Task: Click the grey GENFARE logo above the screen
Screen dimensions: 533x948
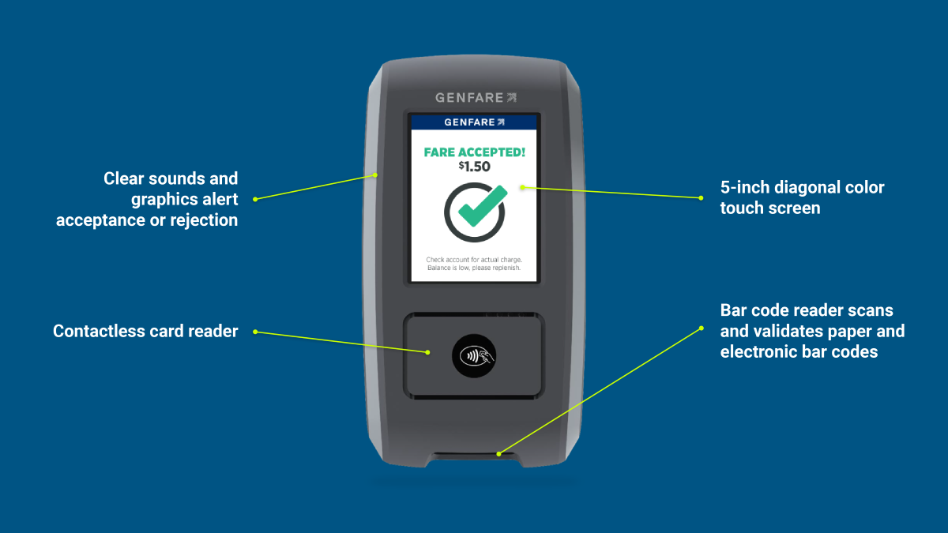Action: point(475,98)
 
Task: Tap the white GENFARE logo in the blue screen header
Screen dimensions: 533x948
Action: point(474,122)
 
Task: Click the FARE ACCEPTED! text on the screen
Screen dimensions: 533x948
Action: point(474,152)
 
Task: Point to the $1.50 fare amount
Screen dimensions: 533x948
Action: point(474,167)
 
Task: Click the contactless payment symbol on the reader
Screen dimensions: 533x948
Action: point(474,356)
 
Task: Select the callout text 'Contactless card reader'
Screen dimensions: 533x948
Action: point(145,332)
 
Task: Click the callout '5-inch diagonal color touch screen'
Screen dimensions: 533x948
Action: point(802,197)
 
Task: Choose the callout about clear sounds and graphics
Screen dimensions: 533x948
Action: point(149,200)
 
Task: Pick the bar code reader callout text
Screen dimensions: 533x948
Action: point(812,332)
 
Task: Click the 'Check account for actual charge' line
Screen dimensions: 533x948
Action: point(474,259)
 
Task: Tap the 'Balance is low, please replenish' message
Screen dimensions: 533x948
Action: point(474,268)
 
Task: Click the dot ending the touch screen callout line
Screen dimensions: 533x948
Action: point(701,198)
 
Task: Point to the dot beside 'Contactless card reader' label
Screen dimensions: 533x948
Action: point(255,332)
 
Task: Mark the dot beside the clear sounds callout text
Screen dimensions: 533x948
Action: point(255,199)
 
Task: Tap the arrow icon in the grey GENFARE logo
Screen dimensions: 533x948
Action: point(512,98)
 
